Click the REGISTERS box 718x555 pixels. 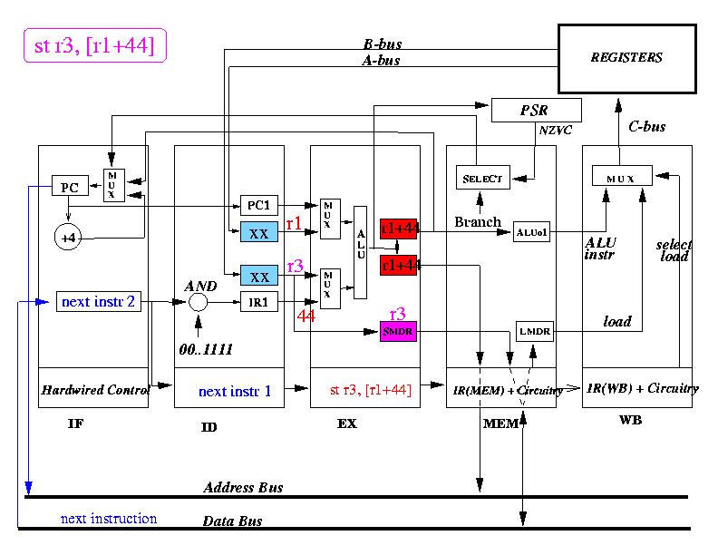626,58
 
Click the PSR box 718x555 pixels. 535,111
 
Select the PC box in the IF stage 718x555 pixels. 69,187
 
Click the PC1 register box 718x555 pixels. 259,205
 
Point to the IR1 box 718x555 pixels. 259,302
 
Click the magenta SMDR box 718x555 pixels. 397,332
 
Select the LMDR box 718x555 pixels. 533,332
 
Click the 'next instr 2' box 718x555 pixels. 98,301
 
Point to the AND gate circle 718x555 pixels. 199,302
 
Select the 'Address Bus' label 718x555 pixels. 243,488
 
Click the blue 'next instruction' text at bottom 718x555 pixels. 109,519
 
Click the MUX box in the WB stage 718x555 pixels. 622,175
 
